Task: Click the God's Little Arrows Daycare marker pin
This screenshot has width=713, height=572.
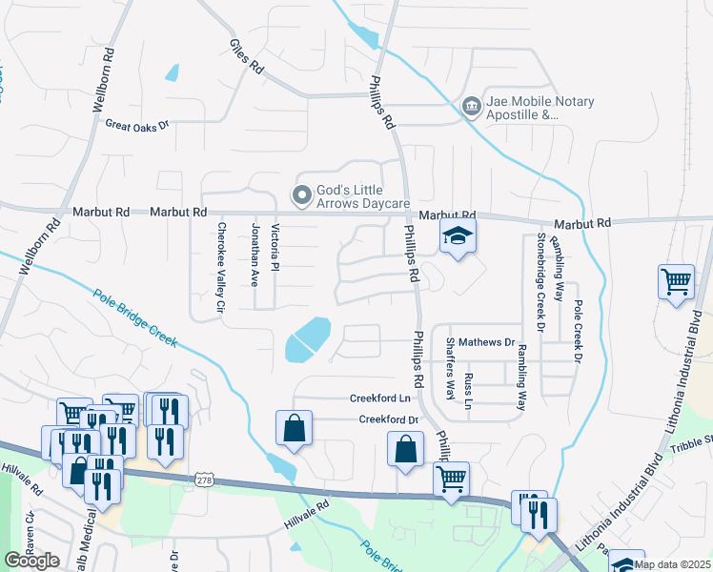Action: pos(302,195)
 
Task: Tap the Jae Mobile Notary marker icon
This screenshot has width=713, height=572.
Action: pos(471,107)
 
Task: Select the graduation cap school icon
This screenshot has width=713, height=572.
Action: pos(458,235)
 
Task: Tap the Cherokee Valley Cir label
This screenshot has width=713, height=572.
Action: pos(221,268)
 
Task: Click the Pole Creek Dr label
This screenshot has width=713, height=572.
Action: pos(578,331)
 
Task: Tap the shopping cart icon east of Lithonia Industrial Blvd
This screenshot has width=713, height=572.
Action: pos(676,282)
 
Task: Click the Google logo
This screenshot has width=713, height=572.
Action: pos(32,561)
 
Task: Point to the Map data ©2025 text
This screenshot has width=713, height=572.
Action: pos(671,564)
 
